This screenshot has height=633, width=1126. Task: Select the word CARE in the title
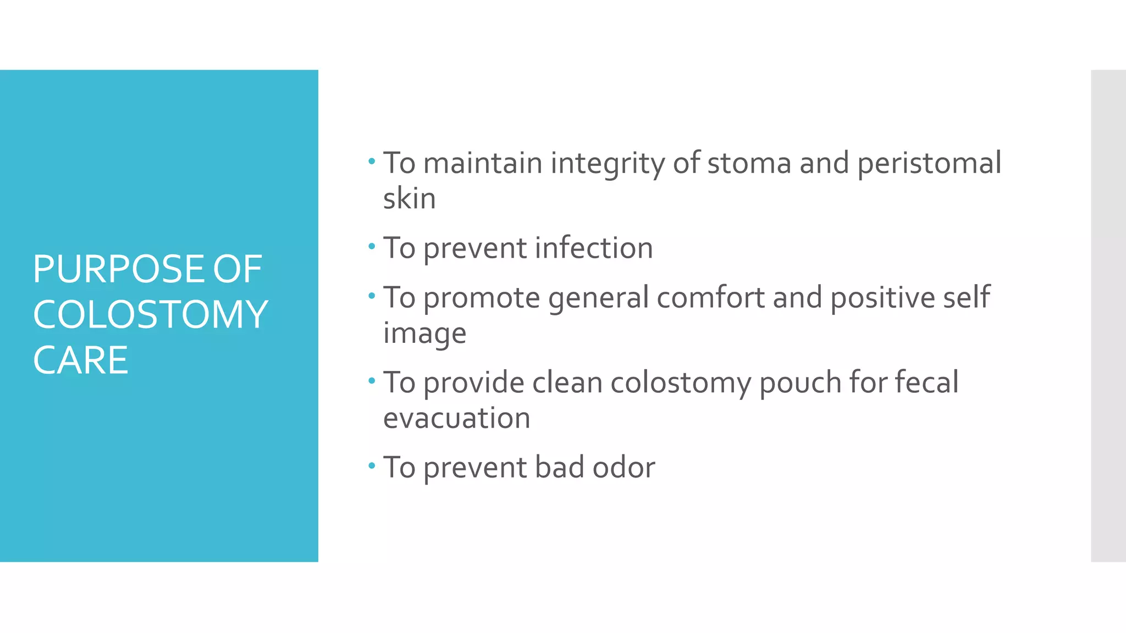[x=80, y=360]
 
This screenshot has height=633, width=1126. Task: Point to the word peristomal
[x=929, y=164]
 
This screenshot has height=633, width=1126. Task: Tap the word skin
[x=409, y=198]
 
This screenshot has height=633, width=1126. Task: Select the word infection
[x=594, y=248]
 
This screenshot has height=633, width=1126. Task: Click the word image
[x=424, y=334]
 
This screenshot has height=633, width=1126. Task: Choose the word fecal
[x=926, y=382]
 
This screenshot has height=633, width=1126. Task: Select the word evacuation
[x=456, y=418]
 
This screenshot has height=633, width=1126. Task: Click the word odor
[x=623, y=468]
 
